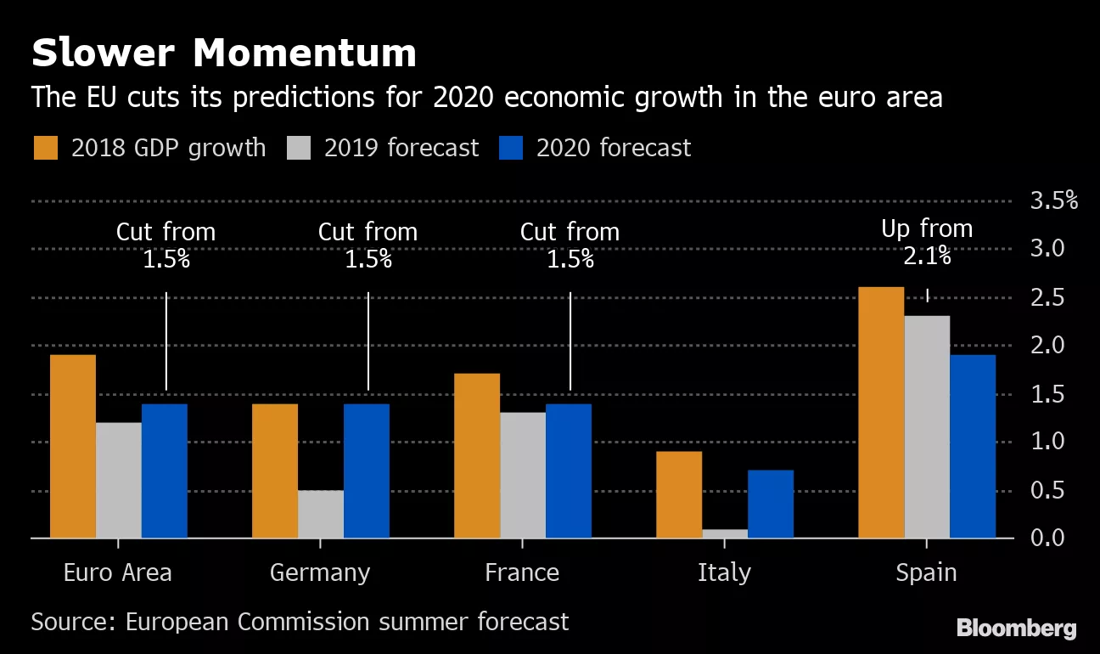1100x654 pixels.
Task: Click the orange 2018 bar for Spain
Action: tap(881, 413)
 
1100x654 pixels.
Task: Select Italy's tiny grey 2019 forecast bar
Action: tap(725, 533)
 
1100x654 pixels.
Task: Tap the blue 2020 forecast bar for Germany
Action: tap(367, 471)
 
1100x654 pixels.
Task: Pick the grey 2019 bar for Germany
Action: tap(321, 514)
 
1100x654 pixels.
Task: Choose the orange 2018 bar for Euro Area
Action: tap(73, 446)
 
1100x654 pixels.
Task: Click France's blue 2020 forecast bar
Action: tap(569, 471)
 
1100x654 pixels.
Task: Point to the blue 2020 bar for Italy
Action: tap(771, 504)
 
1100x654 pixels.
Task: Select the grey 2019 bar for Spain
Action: tap(927, 426)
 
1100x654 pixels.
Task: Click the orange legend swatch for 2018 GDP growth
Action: tap(46, 148)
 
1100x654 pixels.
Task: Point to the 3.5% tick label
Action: tap(1053, 201)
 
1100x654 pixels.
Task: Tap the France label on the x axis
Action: tap(522, 573)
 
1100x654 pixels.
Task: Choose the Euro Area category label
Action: tap(118, 573)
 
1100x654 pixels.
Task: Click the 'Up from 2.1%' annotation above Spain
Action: tap(927, 242)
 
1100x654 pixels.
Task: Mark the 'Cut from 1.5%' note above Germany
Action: tap(368, 245)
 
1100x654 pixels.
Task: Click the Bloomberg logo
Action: tap(1017, 629)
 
